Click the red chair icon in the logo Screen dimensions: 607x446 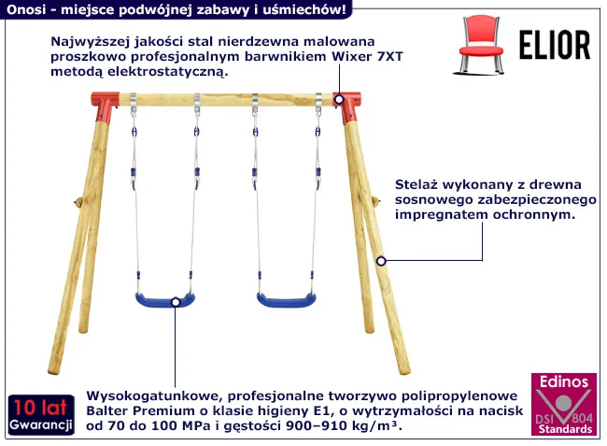(x=481, y=45)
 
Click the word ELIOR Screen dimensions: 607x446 (x=555, y=45)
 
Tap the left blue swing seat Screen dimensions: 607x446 (x=165, y=300)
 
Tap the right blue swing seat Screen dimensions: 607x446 (x=287, y=300)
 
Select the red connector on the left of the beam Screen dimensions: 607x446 (x=105, y=107)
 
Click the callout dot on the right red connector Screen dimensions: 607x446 (x=339, y=100)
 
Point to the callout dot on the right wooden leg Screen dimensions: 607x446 (x=381, y=261)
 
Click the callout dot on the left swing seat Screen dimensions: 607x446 (x=176, y=302)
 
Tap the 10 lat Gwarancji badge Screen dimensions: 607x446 (x=41, y=414)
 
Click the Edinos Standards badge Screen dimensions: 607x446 (x=564, y=404)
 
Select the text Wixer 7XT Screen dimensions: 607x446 (x=367, y=57)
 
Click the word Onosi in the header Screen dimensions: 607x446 (x=26, y=9)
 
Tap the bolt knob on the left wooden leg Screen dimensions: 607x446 (x=78, y=202)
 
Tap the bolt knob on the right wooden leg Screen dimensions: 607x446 (x=374, y=201)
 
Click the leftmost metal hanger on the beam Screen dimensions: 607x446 (x=134, y=103)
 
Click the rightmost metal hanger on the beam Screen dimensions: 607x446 (x=318, y=103)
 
